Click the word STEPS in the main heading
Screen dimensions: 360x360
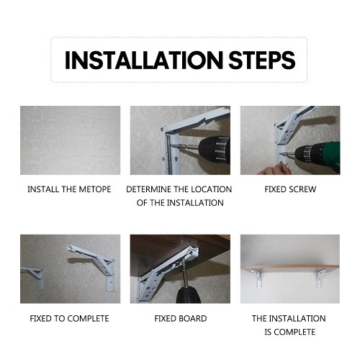click(x=262, y=60)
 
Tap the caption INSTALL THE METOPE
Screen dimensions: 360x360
click(x=69, y=189)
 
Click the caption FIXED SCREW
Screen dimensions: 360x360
click(x=290, y=189)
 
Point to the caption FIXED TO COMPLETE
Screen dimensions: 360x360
click(x=69, y=319)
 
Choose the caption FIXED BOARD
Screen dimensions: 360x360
click(x=181, y=319)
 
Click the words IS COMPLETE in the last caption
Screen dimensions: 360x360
click(x=290, y=332)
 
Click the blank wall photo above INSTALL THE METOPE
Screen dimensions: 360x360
click(x=70, y=140)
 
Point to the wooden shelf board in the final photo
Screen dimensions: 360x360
click(x=290, y=268)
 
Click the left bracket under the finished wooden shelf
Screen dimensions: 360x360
click(x=257, y=278)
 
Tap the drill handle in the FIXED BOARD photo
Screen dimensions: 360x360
click(x=188, y=294)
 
